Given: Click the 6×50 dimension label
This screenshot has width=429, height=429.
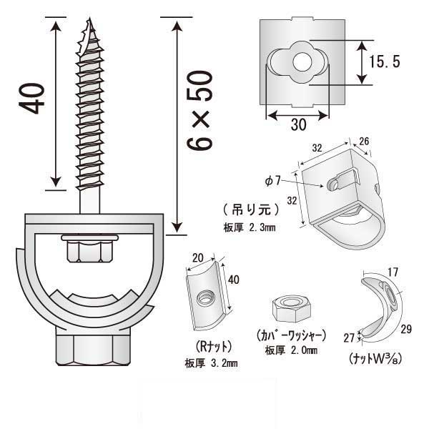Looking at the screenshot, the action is [199, 110].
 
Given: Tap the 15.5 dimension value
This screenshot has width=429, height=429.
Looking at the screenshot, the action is [385, 61].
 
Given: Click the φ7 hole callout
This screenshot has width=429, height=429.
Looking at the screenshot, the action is [273, 181].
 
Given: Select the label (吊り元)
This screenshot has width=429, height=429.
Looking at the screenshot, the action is [251, 209].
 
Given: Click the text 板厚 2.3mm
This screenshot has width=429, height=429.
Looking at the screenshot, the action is [250, 227].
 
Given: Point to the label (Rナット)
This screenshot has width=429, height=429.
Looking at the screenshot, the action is [214, 347].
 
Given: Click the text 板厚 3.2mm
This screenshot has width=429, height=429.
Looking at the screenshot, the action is [211, 364].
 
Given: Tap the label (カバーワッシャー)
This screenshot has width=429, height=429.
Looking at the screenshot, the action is [291, 336].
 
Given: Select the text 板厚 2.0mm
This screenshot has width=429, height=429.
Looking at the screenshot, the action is [292, 351].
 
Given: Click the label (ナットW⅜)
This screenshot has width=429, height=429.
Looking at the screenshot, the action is [375, 358].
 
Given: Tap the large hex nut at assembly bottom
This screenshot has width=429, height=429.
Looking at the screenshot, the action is [92, 346].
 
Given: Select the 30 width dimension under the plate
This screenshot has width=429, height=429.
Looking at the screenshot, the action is [298, 124].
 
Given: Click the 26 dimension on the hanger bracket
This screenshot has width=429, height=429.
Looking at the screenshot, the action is [364, 141].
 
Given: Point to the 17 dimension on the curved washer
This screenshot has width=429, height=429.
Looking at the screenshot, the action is [393, 272].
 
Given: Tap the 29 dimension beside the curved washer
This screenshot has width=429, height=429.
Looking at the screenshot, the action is [406, 329].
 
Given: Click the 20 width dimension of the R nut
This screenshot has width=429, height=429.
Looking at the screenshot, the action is [198, 258].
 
